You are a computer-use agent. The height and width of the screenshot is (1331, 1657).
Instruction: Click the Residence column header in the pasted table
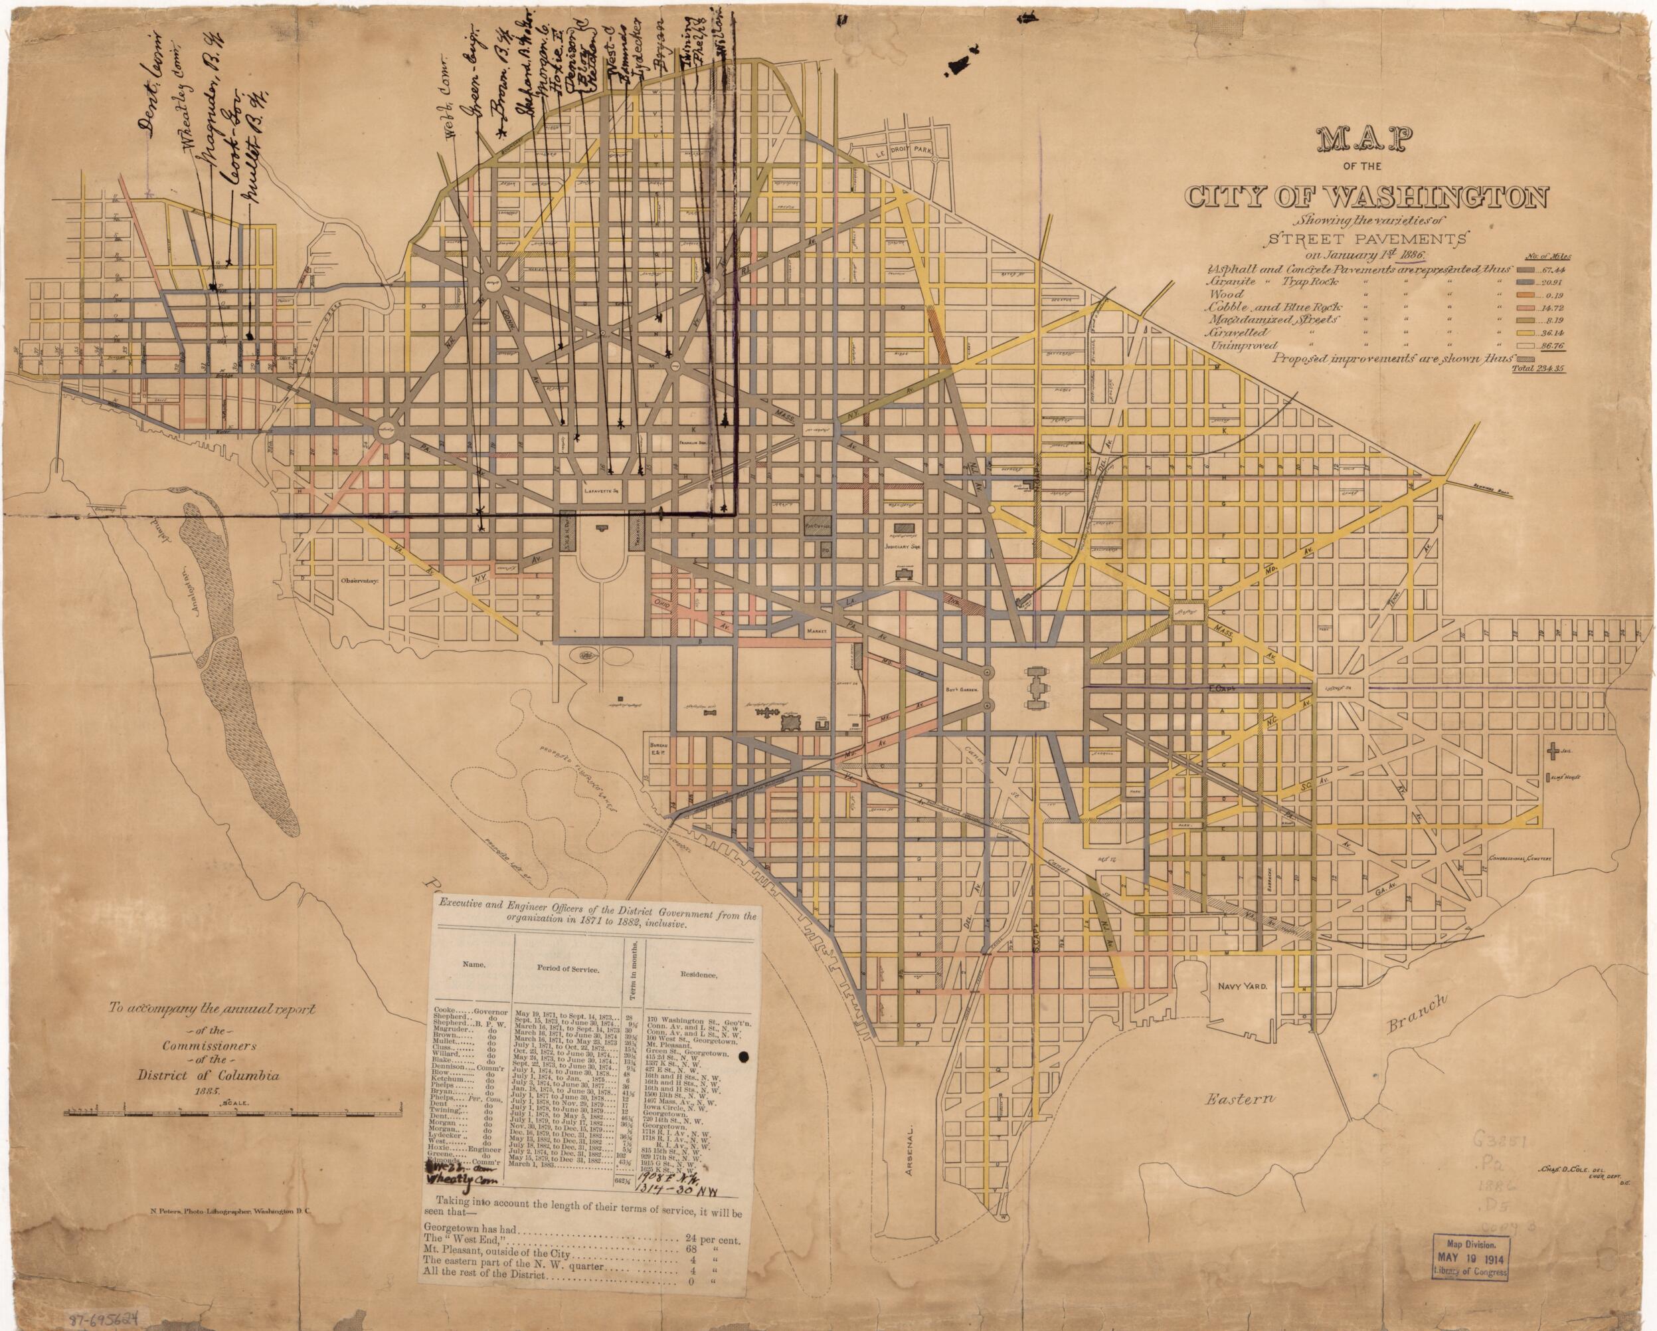pyautogui.click(x=699, y=974)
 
